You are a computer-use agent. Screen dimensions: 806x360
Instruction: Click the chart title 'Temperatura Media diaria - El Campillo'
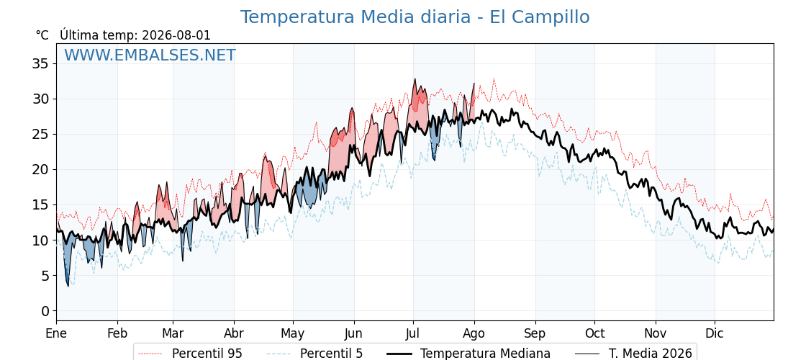415,17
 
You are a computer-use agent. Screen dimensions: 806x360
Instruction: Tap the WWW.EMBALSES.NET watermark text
150,55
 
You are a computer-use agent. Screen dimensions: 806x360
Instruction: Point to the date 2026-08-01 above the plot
176,35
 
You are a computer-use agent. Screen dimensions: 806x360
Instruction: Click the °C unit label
42,35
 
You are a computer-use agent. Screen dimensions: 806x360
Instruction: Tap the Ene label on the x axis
56,333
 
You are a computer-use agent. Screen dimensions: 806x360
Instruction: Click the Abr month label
234,333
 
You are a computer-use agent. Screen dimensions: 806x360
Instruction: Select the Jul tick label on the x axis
413,333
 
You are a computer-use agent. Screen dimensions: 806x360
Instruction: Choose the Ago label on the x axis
474,333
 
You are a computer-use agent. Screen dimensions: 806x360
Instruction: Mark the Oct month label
594,333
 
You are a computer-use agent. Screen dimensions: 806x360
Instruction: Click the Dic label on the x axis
715,333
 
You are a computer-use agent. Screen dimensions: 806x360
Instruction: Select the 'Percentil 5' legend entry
315,354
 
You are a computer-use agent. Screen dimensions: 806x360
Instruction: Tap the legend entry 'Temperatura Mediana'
468,354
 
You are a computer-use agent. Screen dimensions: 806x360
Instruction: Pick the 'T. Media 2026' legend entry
633,354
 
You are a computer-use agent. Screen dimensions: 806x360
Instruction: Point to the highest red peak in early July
415,79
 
